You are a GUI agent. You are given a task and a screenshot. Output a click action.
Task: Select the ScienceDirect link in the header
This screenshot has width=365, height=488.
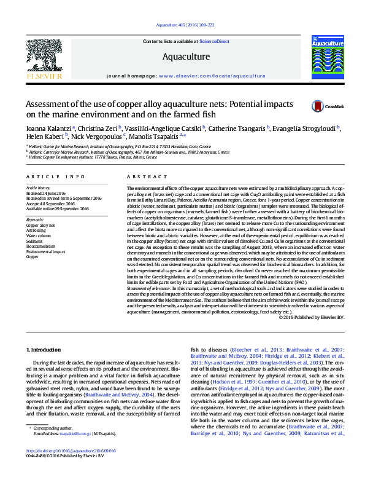(x=215, y=41)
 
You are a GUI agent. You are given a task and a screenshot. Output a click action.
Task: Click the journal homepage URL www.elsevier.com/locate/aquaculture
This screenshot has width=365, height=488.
(x=212, y=76)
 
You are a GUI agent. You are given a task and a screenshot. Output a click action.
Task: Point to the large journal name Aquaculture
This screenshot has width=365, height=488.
(x=185, y=57)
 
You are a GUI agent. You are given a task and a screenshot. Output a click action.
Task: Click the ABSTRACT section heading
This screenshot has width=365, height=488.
(x=139, y=176)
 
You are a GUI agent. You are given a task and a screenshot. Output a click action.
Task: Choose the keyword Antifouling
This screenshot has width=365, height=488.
(x=36, y=230)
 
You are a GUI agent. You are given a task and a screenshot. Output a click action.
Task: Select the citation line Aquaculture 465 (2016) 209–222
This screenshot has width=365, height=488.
(x=182, y=25)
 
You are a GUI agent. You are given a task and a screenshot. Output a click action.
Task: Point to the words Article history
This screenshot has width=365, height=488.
(x=39, y=186)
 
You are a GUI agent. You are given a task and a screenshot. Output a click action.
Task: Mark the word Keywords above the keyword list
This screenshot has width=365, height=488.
(x=35, y=219)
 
